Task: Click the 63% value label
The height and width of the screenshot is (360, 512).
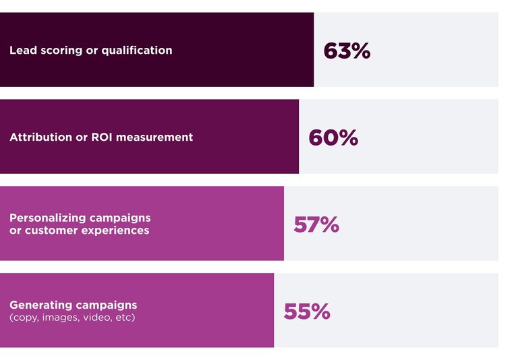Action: pos(347,51)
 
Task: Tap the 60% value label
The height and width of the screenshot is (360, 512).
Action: pos(333,138)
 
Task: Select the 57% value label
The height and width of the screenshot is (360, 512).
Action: pos(316,224)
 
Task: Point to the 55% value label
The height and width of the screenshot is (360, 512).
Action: pos(307,311)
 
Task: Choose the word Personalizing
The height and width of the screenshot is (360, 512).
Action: pos(47,218)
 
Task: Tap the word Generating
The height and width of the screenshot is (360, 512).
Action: pos(39,305)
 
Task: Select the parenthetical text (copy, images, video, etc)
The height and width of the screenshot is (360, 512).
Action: pos(72,317)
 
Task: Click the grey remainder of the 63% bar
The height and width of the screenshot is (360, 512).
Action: pos(432,50)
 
